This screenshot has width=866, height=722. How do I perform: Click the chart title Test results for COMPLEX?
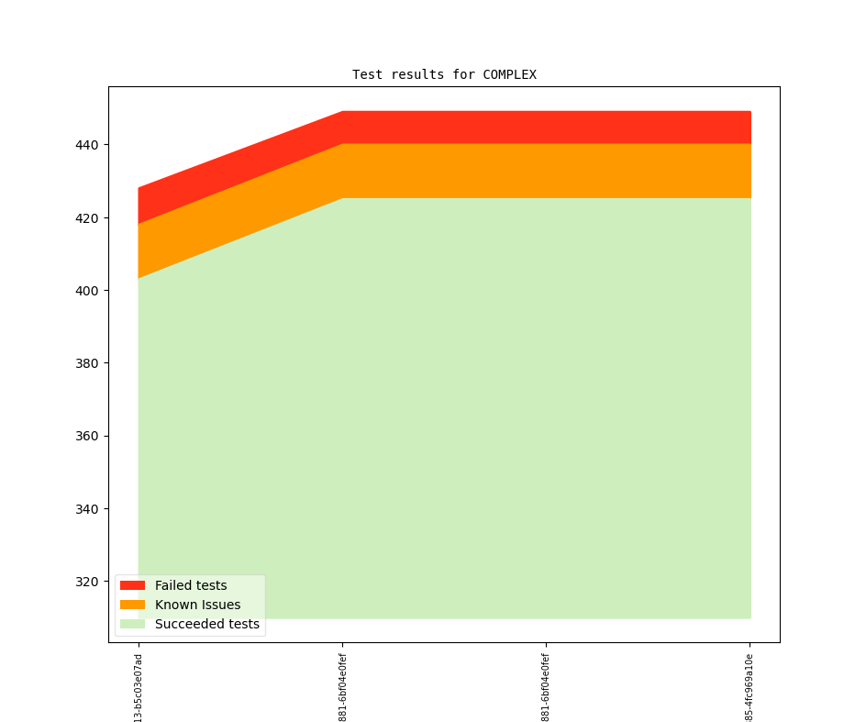tap(444, 74)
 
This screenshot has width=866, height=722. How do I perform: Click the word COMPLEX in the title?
tap(509, 74)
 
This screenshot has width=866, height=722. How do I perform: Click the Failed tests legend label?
tap(191, 585)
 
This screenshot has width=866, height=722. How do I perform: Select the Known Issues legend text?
tap(197, 605)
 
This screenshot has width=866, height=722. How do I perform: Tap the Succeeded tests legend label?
tap(206, 624)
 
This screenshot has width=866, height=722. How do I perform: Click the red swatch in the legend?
tap(132, 585)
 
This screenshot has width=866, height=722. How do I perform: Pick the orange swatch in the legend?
tap(132, 605)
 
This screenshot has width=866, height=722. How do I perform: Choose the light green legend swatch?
tap(132, 624)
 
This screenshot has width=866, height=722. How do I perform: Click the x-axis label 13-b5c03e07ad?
tap(139, 687)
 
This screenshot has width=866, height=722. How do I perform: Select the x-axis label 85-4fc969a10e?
tap(749, 687)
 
